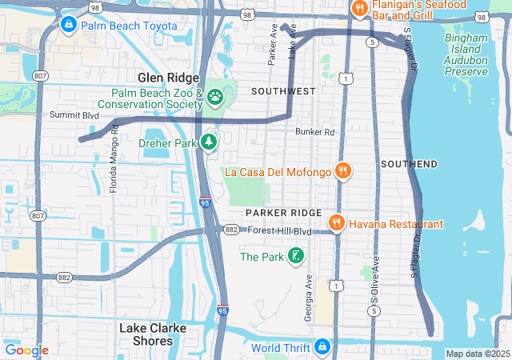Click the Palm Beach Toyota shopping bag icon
[69, 26]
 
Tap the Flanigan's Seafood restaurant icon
[359, 10]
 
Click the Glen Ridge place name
[167, 78]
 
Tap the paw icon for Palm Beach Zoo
[215, 97]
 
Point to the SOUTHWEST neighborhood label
[283, 92]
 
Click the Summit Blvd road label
[74, 116]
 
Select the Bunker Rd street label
[314, 132]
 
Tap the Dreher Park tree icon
[209, 142]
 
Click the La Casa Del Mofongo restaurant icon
[343, 170]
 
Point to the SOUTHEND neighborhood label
[409, 164]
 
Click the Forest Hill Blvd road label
[278, 231]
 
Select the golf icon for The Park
[296, 257]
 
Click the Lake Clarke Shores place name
[153, 334]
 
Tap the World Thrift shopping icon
[322, 347]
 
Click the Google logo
[26, 350]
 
